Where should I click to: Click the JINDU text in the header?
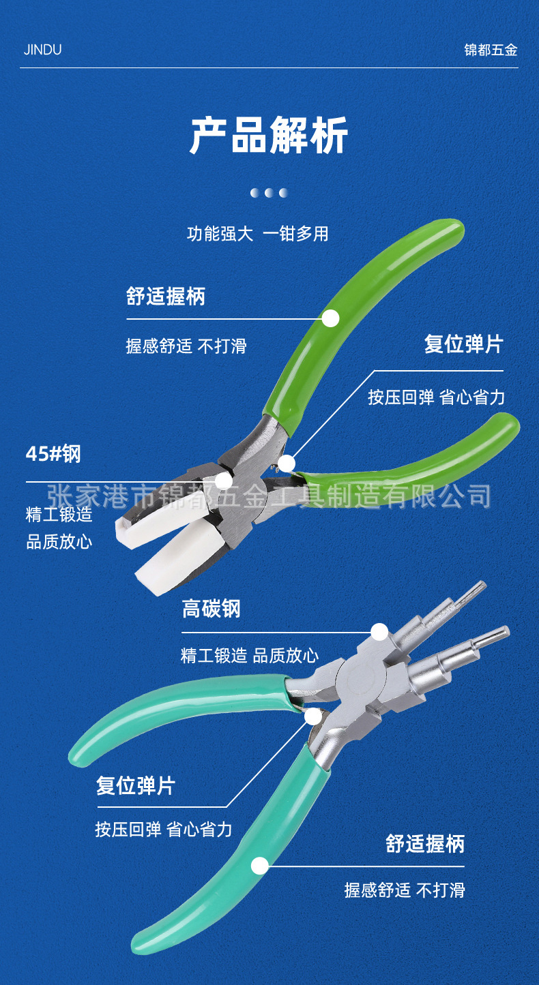[x=42, y=50]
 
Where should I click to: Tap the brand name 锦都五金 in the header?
[x=491, y=50]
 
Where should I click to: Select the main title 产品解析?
[x=269, y=136]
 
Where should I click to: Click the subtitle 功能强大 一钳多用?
[x=258, y=234]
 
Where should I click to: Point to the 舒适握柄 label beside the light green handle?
[x=166, y=297]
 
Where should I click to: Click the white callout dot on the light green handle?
[x=330, y=318]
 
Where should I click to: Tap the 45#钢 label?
[x=53, y=454]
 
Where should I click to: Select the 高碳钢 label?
[x=212, y=609]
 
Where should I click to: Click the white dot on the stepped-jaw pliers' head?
[x=379, y=632]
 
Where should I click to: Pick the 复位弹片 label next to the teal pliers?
[x=136, y=786]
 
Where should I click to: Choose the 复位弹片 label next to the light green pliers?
[x=463, y=344]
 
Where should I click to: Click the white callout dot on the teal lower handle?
[x=260, y=866]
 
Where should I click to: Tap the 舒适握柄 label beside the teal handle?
[x=425, y=844]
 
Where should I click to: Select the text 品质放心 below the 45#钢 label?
[x=59, y=543]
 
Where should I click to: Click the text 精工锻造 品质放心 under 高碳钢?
[x=250, y=656]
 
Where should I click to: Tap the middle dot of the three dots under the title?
[x=269, y=193]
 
